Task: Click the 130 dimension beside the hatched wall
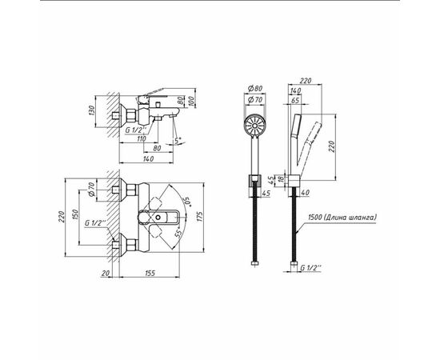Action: [x=92, y=111]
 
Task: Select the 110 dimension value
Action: [x=142, y=138]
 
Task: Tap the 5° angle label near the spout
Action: [x=178, y=140]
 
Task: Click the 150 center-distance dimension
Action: [x=74, y=215]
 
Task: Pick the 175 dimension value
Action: [x=199, y=217]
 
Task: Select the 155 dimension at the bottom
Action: [x=150, y=273]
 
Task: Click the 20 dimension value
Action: [x=106, y=273]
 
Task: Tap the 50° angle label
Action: [x=186, y=202]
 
